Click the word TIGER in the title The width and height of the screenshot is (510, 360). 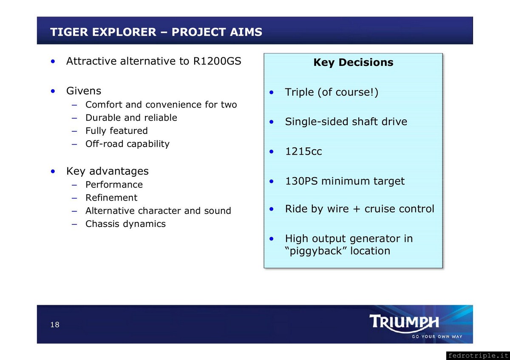pos(69,32)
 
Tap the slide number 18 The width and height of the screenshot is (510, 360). pos(55,324)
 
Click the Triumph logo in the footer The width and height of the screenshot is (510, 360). pos(404,323)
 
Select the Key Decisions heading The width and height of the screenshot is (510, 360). pos(353,62)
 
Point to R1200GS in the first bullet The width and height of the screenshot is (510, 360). pos(217,61)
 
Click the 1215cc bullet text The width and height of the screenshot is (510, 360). pos(303,151)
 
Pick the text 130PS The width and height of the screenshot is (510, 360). pos(301,181)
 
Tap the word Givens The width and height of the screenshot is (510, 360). pos(84,91)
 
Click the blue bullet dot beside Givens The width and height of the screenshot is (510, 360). pos(53,91)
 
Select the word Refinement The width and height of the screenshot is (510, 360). pos(111,198)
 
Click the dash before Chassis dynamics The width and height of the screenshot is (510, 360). pos(74,224)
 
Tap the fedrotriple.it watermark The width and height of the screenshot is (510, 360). pos(478,356)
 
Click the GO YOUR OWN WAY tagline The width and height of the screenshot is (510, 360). pos(437,337)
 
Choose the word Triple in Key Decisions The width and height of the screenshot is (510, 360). pos(299,92)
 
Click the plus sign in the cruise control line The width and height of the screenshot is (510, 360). pos(357,209)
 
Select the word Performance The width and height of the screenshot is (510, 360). pos(114,184)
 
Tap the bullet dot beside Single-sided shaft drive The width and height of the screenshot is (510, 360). pos(272,122)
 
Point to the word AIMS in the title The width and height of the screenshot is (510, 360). pos(246,32)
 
